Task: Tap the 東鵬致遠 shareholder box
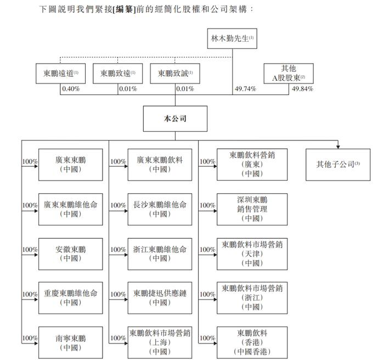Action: pos(117,74)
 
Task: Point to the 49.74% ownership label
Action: pos(245,89)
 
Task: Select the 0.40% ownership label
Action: pos(70,89)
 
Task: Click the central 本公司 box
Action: pos(176,117)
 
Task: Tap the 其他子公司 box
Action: pos(338,164)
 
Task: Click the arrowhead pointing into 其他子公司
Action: pos(338,146)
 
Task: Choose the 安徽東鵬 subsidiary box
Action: pos(70,254)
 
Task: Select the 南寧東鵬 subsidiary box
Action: pos(70,342)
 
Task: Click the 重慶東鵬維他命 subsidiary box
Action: pos(70,298)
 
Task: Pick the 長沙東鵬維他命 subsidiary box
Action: pos(160,209)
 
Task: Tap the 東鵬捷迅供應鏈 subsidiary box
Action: pos(160,298)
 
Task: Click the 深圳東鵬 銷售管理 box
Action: pos(252,209)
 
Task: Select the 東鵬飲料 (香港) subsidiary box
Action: pos(252,342)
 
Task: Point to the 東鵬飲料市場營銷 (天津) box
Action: pos(252,254)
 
